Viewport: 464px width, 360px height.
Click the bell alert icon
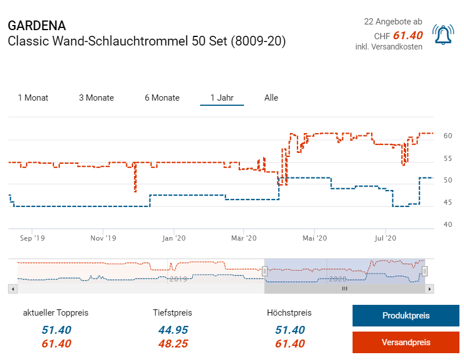tap(444, 35)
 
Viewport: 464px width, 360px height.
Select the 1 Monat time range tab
tap(33, 98)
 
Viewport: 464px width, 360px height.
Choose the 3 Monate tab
tap(96, 98)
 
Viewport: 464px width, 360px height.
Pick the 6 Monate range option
tap(162, 98)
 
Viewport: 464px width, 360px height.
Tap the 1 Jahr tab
tap(222, 98)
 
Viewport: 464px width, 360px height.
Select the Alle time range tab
tap(271, 98)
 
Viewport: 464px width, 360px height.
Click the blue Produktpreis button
tap(405, 316)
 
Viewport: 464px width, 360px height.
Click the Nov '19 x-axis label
tap(103, 238)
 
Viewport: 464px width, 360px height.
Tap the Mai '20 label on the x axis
tap(316, 238)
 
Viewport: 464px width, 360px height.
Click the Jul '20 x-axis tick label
tap(385, 238)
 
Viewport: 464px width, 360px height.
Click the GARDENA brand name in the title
tap(37, 26)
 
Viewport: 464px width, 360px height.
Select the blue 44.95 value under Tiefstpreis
tap(172, 330)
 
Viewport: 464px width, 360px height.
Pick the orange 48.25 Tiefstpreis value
tap(172, 344)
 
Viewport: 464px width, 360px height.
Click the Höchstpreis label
tap(289, 313)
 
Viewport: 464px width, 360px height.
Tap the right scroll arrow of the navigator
tap(430, 289)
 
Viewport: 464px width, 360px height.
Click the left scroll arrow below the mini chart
tap(13, 289)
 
